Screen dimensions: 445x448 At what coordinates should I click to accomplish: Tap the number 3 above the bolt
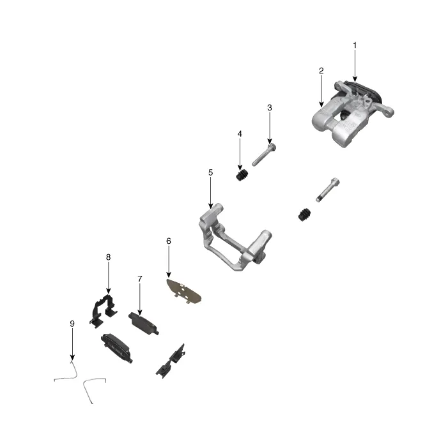[x=270, y=108]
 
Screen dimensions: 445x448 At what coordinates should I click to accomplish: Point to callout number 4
[x=240, y=134]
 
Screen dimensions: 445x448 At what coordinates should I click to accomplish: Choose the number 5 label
[x=210, y=172]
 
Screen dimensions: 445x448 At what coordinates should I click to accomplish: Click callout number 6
[x=169, y=241]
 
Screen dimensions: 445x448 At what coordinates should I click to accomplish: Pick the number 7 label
[x=139, y=279]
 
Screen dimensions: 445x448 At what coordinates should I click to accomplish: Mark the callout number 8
[x=108, y=257]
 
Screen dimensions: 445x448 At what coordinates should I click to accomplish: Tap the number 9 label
[x=72, y=324]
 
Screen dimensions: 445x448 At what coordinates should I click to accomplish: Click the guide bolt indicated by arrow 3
[x=264, y=155]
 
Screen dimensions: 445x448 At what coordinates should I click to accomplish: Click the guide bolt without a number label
[x=327, y=189]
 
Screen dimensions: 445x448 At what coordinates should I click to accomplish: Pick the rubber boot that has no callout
[x=305, y=215]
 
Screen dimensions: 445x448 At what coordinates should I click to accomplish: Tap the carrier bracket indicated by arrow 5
[x=233, y=242]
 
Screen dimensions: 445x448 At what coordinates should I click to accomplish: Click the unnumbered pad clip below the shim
[x=170, y=359]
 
